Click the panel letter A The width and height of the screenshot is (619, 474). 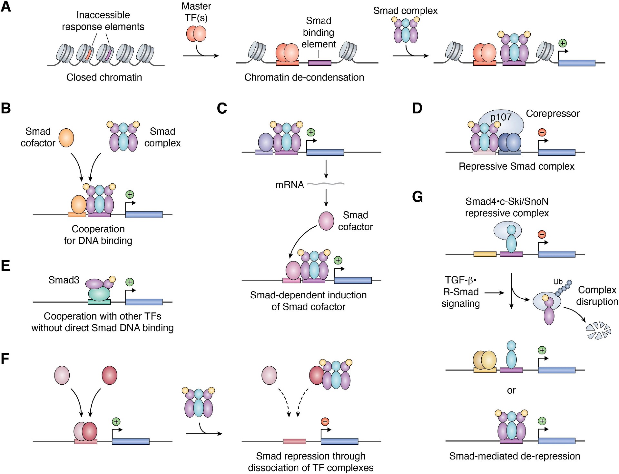(6, 6)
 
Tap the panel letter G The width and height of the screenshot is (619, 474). (418, 197)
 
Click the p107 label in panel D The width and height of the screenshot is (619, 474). (501, 117)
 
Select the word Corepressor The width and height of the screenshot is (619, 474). (553, 114)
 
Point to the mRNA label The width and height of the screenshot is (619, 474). (290, 185)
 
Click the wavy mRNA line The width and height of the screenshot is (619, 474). (326, 184)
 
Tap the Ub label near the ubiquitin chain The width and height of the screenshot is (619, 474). (558, 281)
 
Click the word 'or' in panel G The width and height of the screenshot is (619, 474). (511, 390)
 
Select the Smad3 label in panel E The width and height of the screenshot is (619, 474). (64, 280)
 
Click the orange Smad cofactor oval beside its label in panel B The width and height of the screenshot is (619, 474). (66, 138)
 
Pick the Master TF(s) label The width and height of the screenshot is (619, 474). (196, 12)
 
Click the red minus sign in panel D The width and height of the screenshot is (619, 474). (542, 132)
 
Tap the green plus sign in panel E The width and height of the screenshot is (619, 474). (130, 282)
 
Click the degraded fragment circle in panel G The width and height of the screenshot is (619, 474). (598, 331)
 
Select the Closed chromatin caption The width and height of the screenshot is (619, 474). (104, 77)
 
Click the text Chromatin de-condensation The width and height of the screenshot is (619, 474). (304, 77)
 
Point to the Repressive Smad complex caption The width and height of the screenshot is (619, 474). (516, 166)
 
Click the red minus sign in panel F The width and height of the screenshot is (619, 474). (325, 421)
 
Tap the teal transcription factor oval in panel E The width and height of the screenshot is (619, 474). (99, 293)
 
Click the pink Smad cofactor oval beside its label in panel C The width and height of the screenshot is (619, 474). (326, 221)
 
